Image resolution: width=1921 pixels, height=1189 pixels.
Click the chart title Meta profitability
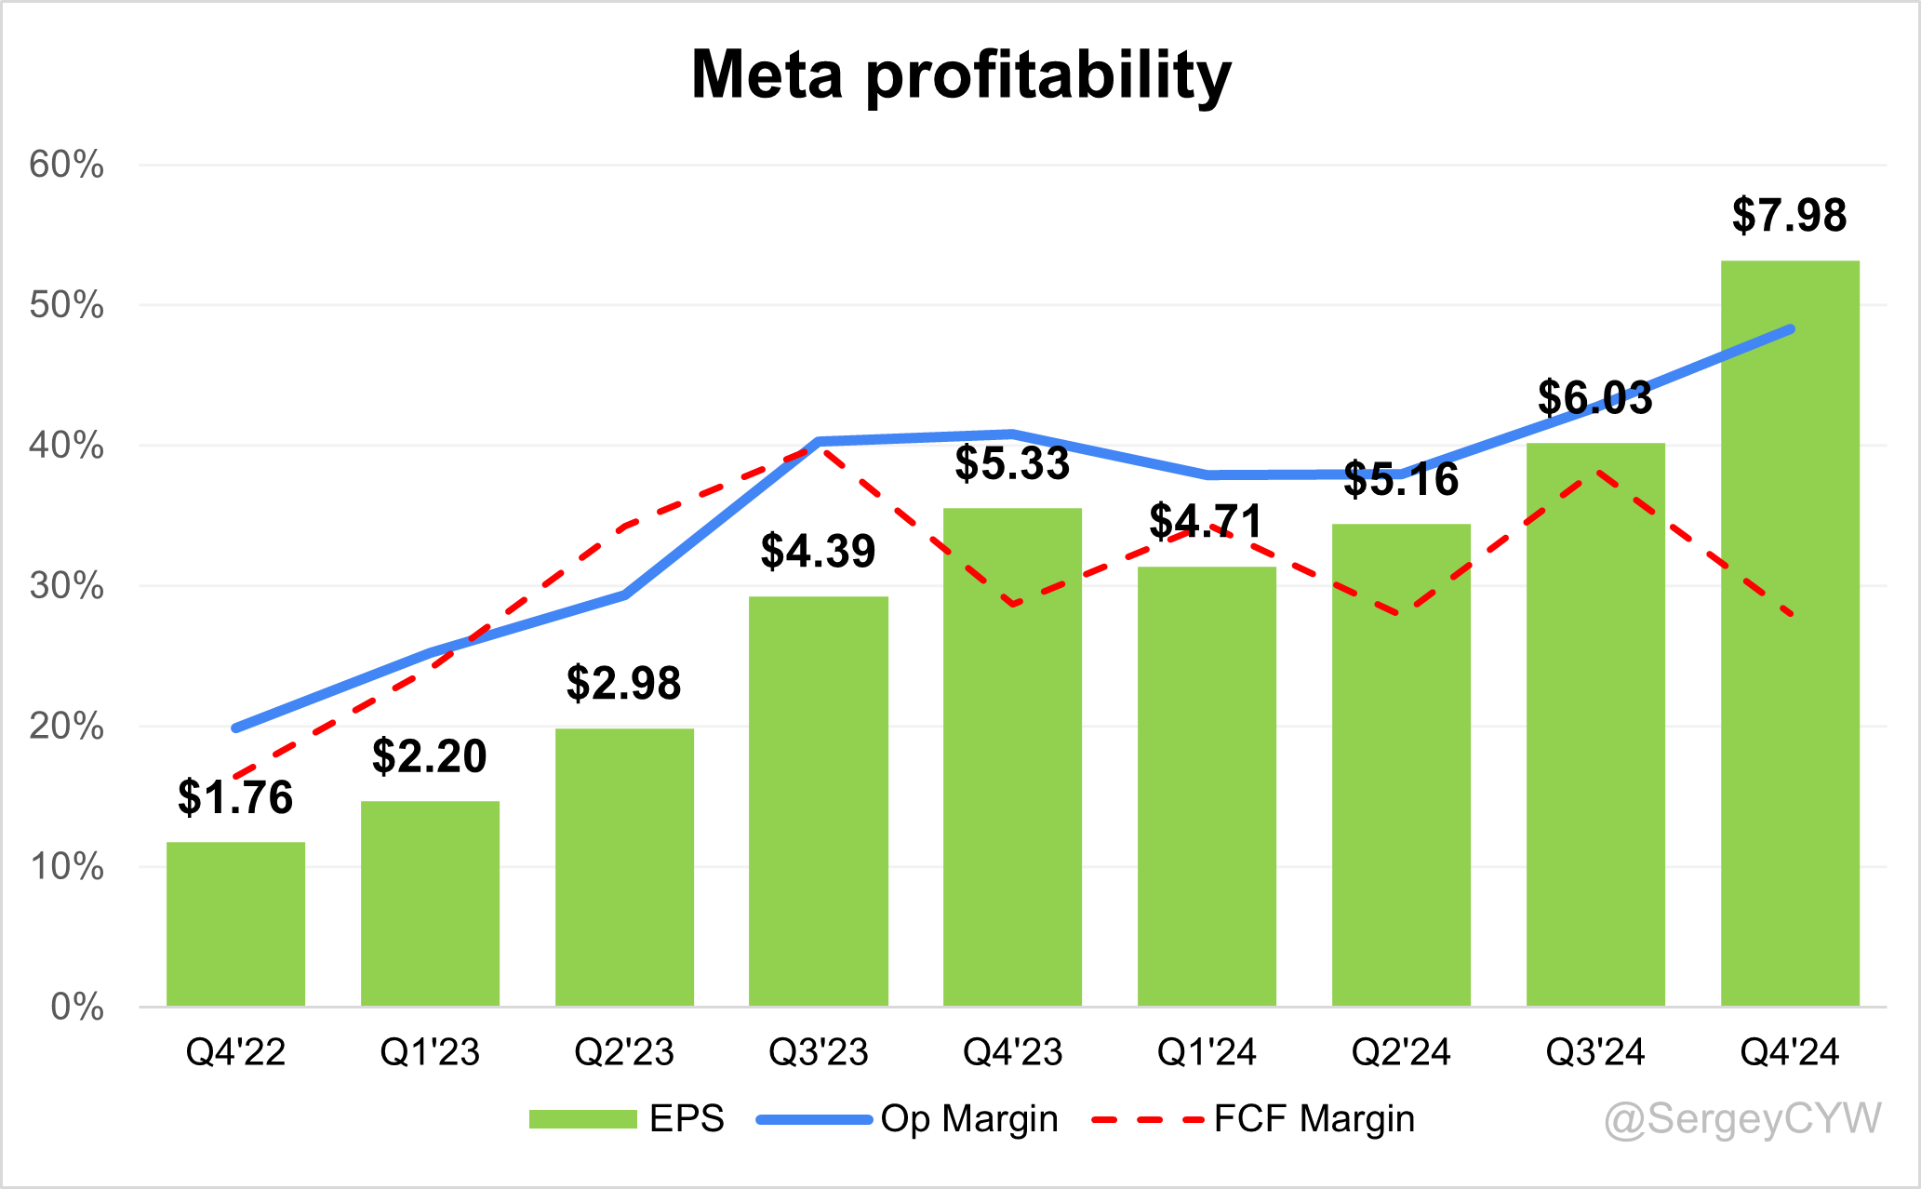[x=961, y=74]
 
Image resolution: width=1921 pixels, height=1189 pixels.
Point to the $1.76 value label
[x=235, y=798]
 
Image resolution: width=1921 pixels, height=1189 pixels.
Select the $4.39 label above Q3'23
[x=818, y=552]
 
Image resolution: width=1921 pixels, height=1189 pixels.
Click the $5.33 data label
[x=1012, y=463]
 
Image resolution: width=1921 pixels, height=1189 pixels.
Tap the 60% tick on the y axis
[x=66, y=166]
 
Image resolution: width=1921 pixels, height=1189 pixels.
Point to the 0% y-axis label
[x=77, y=1007]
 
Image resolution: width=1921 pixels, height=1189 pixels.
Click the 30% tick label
[x=66, y=586]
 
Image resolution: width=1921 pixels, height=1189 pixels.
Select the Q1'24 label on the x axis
[x=1207, y=1052]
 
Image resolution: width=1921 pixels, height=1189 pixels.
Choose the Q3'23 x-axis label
[x=818, y=1052]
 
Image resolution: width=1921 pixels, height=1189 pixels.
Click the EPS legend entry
[x=626, y=1118]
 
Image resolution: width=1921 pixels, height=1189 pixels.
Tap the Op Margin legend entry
[x=908, y=1118]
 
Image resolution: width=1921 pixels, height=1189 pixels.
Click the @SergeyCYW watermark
[x=1742, y=1119]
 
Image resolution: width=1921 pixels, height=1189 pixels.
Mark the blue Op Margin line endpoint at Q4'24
[x=1790, y=329]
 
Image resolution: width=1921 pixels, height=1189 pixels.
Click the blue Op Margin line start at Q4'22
[x=235, y=728]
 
